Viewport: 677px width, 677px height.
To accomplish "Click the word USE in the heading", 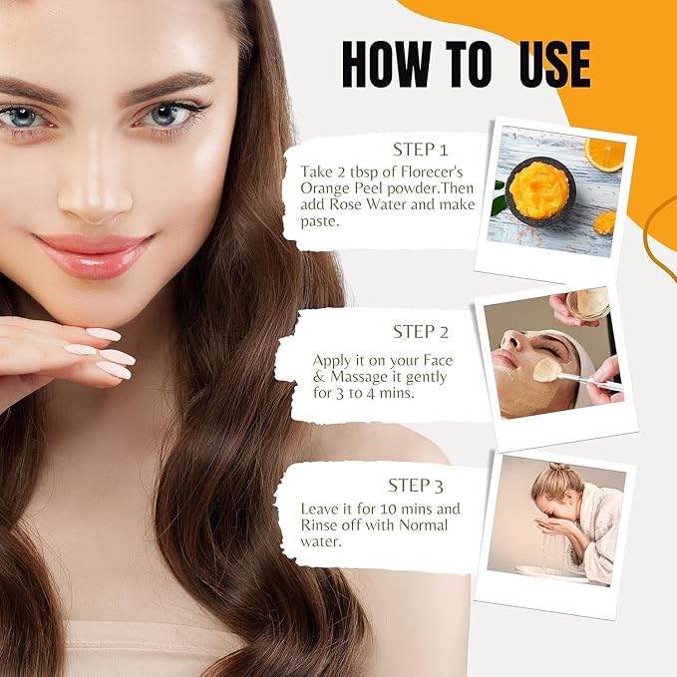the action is [554, 65].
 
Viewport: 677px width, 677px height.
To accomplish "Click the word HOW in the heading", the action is [386, 65].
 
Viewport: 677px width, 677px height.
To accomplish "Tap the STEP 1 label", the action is [420, 150].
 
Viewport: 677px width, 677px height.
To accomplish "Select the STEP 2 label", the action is [420, 332].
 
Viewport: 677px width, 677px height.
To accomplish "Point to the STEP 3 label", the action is [416, 486].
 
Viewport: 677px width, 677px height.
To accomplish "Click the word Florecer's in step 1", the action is [432, 171].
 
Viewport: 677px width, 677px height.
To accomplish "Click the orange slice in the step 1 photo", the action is [605, 155].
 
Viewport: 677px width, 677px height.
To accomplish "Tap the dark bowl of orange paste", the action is [539, 190].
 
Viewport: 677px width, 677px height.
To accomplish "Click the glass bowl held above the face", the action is [588, 303].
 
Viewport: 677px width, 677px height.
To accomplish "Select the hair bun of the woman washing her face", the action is [559, 469].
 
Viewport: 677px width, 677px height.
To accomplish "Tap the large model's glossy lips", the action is [94, 254].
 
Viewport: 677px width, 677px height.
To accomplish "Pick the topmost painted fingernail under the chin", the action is [104, 334].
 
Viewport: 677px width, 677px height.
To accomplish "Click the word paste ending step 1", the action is [318, 221].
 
